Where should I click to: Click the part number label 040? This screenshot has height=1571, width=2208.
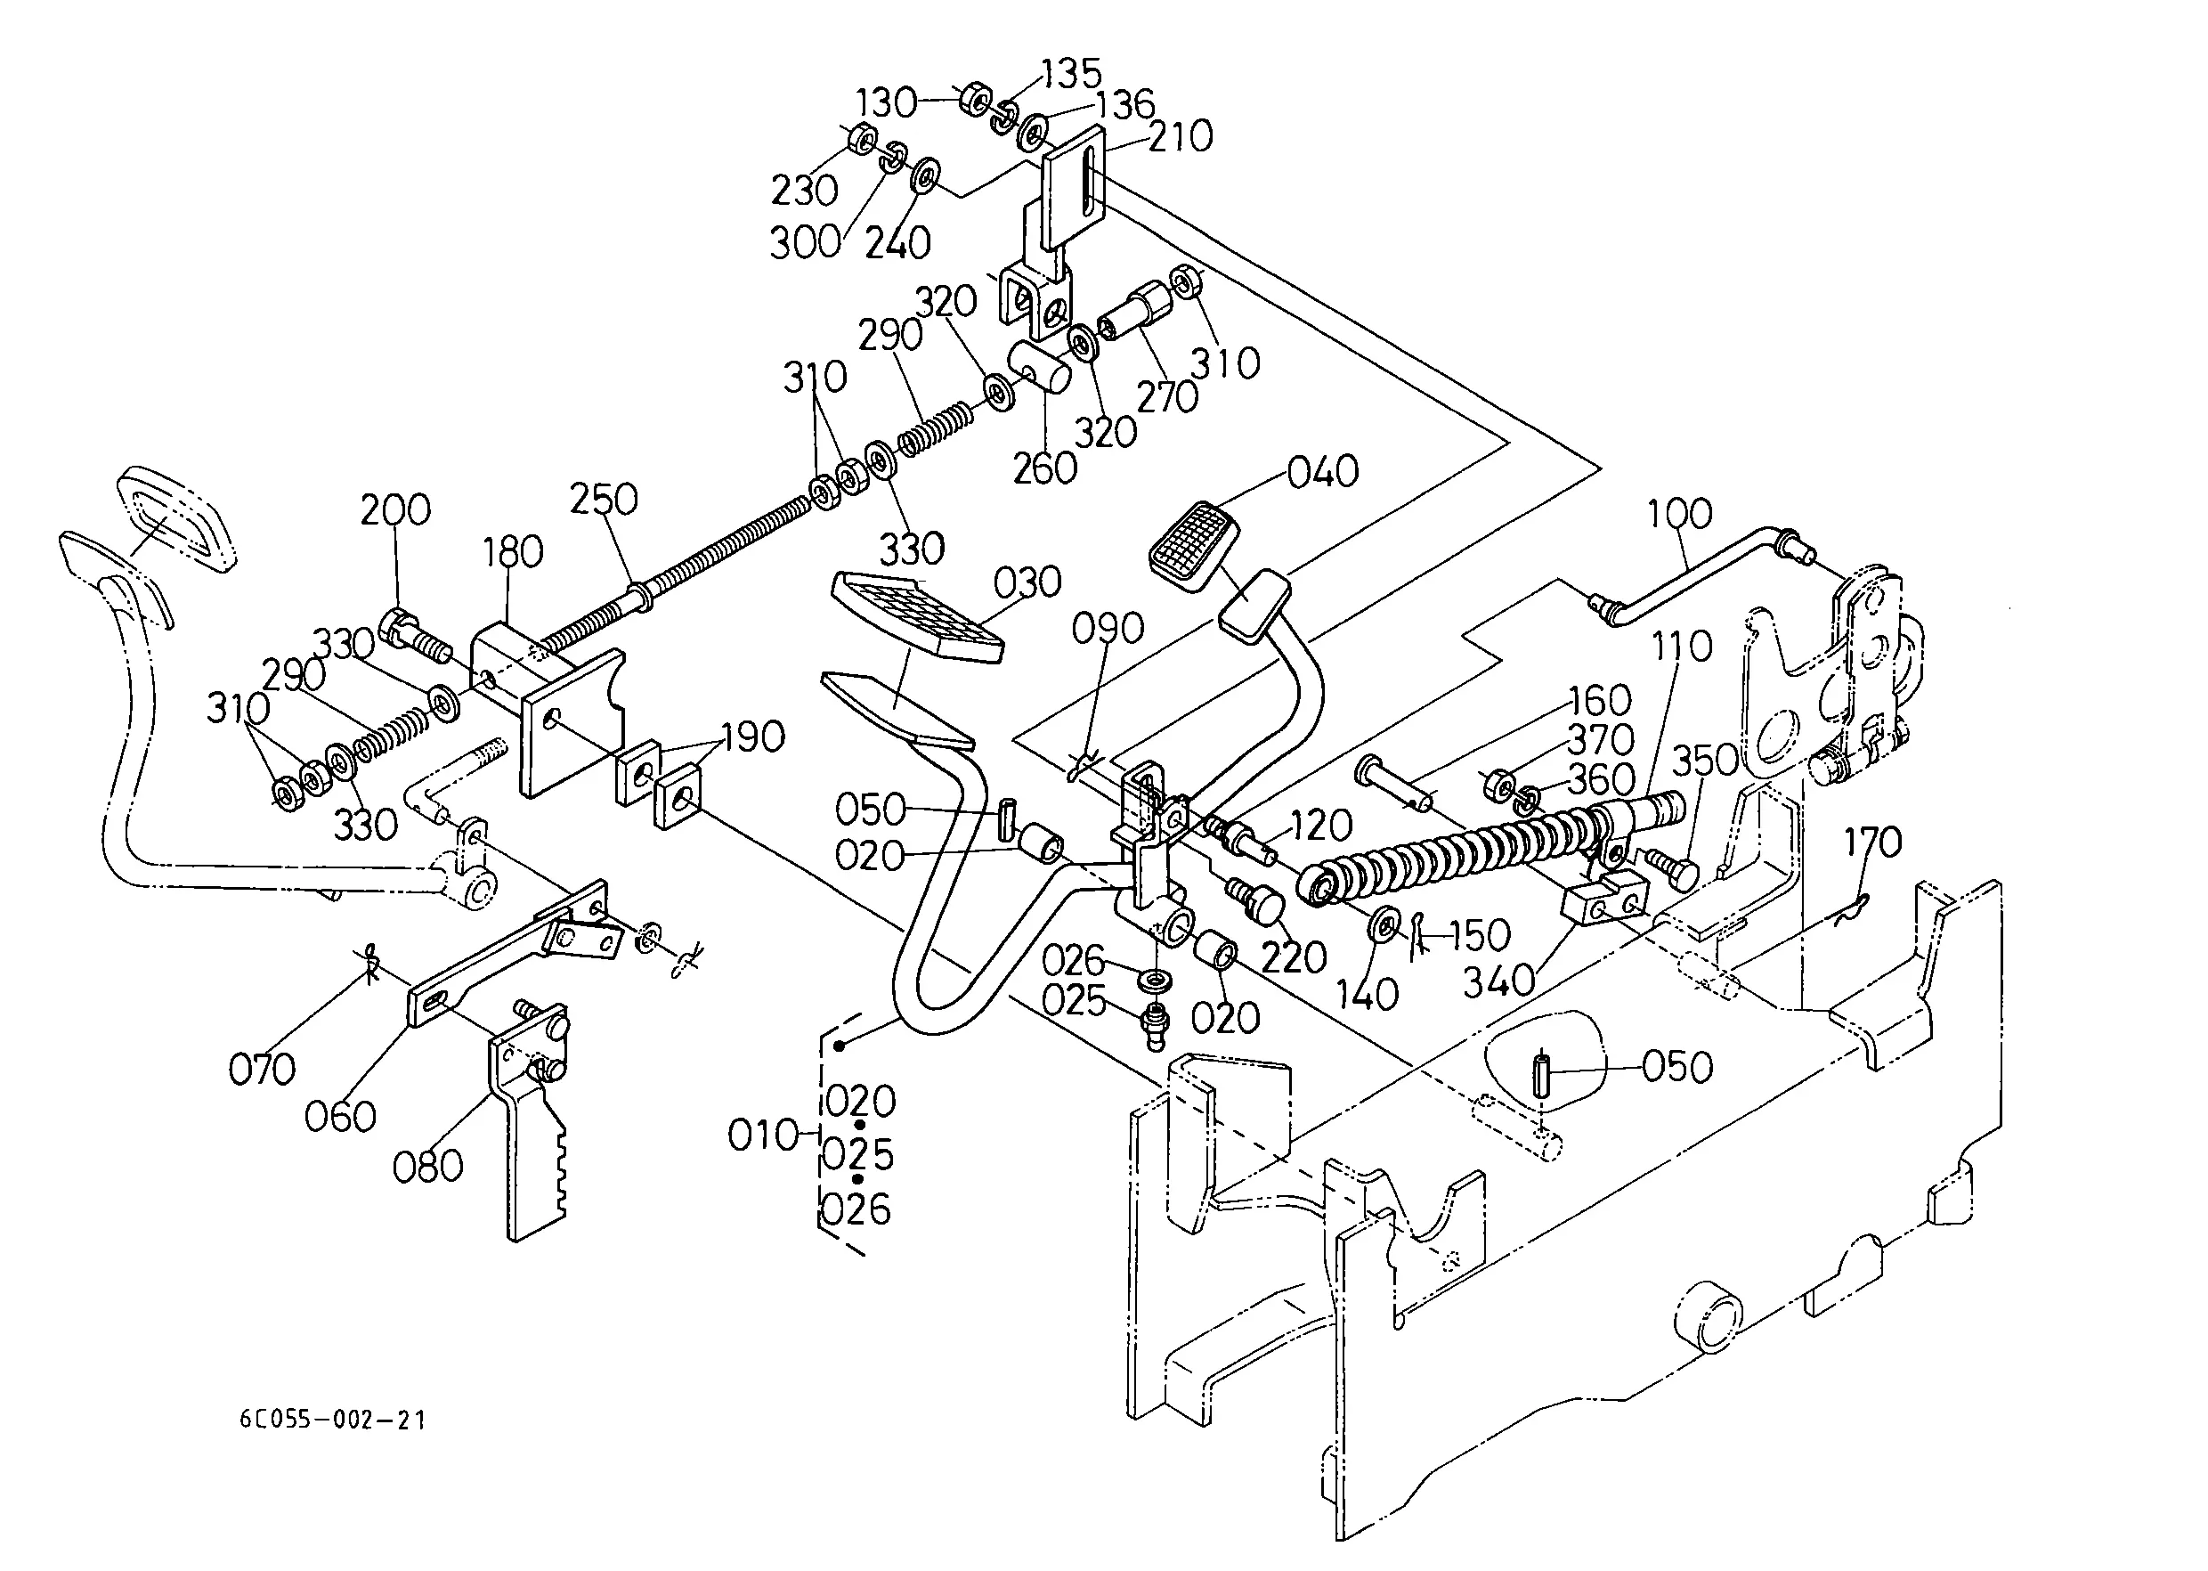click(1322, 473)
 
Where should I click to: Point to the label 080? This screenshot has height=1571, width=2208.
click(427, 1167)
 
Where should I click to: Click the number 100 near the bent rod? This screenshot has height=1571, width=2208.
click(1679, 514)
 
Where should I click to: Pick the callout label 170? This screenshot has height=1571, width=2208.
click(1872, 842)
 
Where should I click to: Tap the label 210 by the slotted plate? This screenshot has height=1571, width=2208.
click(1180, 137)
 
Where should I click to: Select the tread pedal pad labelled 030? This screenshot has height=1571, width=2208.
click(916, 616)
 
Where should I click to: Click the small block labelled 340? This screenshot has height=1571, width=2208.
click(1604, 899)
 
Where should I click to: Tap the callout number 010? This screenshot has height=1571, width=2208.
click(762, 1135)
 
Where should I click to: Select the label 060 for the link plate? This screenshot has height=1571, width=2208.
click(339, 1118)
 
